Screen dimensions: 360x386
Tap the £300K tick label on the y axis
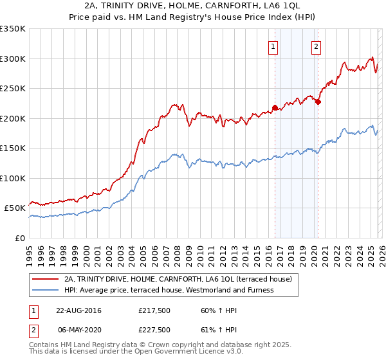click(13, 59)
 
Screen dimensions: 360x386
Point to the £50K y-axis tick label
click(15, 208)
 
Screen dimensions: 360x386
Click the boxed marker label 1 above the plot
click(273, 46)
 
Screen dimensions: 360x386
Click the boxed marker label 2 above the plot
click(317, 46)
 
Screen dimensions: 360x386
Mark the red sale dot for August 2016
click(275, 108)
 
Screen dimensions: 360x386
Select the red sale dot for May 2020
click(318, 102)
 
